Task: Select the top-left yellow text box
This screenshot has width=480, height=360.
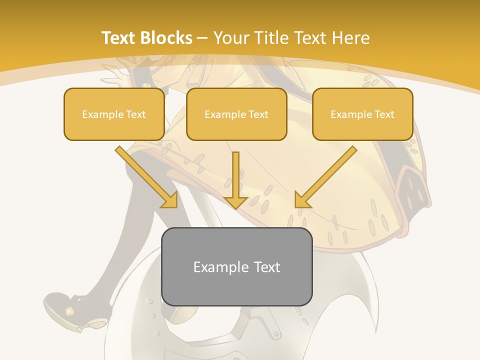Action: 114,114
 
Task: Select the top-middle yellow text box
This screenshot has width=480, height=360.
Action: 236,114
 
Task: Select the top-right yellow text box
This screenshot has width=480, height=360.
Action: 362,114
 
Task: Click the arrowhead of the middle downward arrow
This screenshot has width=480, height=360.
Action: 236,202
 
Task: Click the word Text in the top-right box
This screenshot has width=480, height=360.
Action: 384,114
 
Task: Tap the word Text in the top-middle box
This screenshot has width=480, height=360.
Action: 258,114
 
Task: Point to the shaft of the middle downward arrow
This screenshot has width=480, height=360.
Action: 236,172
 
